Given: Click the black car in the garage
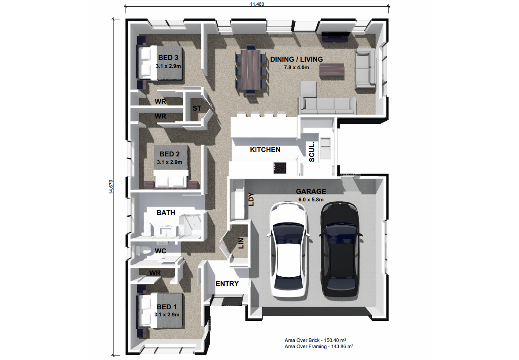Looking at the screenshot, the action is (x=341, y=249).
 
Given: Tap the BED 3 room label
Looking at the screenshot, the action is (x=168, y=58).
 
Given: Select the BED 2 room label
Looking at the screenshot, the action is (x=170, y=154).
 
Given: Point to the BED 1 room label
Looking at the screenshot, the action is (x=167, y=307).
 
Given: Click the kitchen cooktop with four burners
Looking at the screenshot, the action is (x=280, y=168).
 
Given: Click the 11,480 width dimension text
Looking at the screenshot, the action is (x=257, y=4).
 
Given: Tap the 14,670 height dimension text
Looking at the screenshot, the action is (x=111, y=187).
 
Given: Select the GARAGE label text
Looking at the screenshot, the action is (x=311, y=191).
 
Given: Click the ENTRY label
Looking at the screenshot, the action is (x=227, y=283).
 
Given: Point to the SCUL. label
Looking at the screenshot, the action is (x=311, y=152).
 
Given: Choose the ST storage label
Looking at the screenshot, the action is (x=197, y=108).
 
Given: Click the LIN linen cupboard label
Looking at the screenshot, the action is (x=241, y=243).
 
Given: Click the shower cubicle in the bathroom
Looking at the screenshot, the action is (x=190, y=226).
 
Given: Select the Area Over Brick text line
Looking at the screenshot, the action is (x=315, y=340).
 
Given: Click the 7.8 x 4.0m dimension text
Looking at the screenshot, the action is (x=297, y=67).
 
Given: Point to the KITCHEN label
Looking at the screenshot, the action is (x=265, y=150).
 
